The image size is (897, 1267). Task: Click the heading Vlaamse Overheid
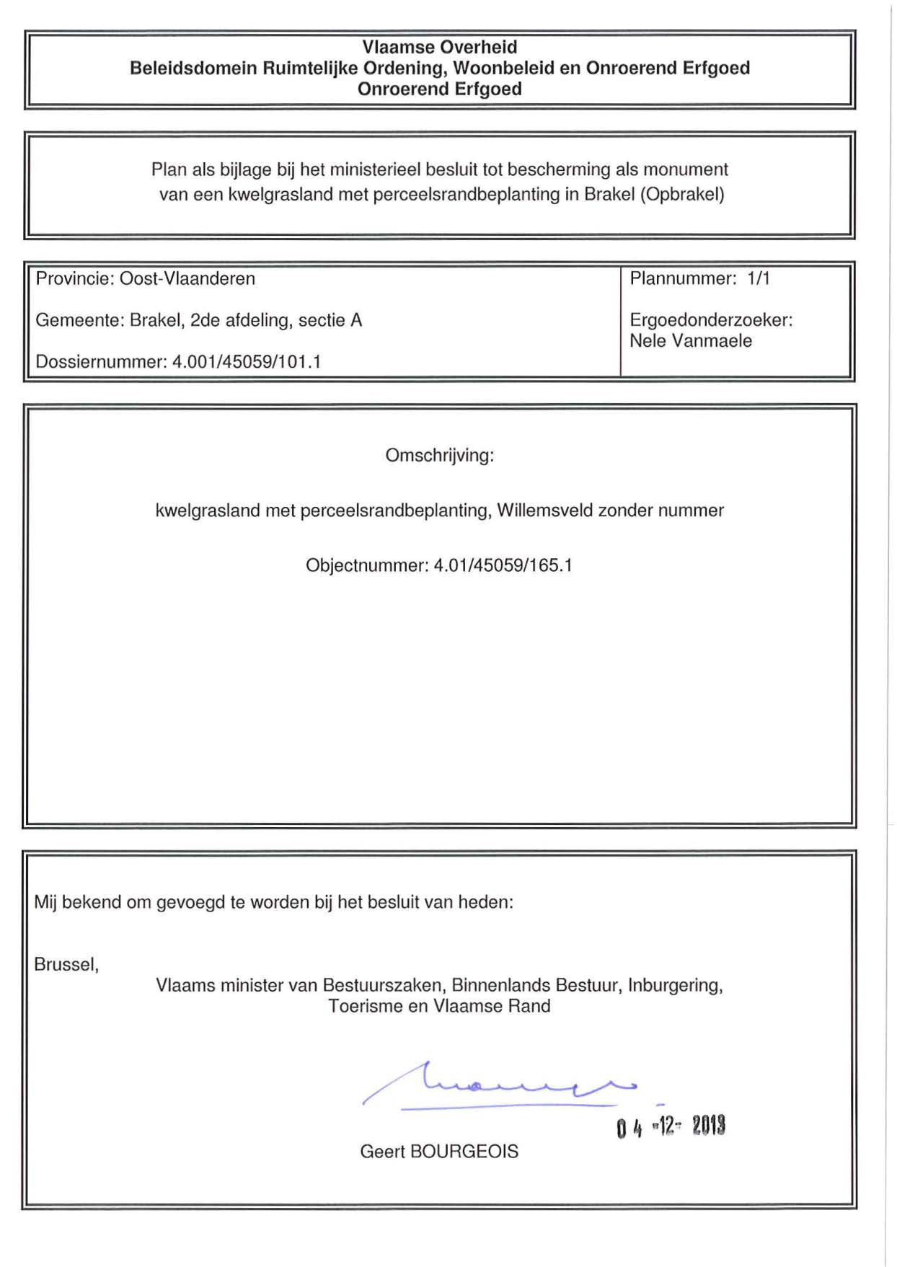[x=439, y=48]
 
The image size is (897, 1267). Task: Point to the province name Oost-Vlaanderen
[x=187, y=279]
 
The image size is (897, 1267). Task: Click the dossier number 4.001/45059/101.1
[x=246, y=362]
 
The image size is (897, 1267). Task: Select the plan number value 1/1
[x=758, y=278]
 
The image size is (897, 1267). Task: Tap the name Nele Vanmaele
[x=690, y=341]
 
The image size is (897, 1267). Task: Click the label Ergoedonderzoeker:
[x=710, y=320]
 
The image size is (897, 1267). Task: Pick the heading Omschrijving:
[x=439, y=456]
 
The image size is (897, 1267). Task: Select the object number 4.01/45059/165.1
[x=503, y=565]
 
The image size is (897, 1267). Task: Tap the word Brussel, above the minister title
[x=66, y=965]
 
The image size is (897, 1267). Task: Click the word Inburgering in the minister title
[x=674, y=986]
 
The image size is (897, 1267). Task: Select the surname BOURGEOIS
[x=464, y=1152]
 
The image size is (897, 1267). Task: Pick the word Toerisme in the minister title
[x=365, y=1007]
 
